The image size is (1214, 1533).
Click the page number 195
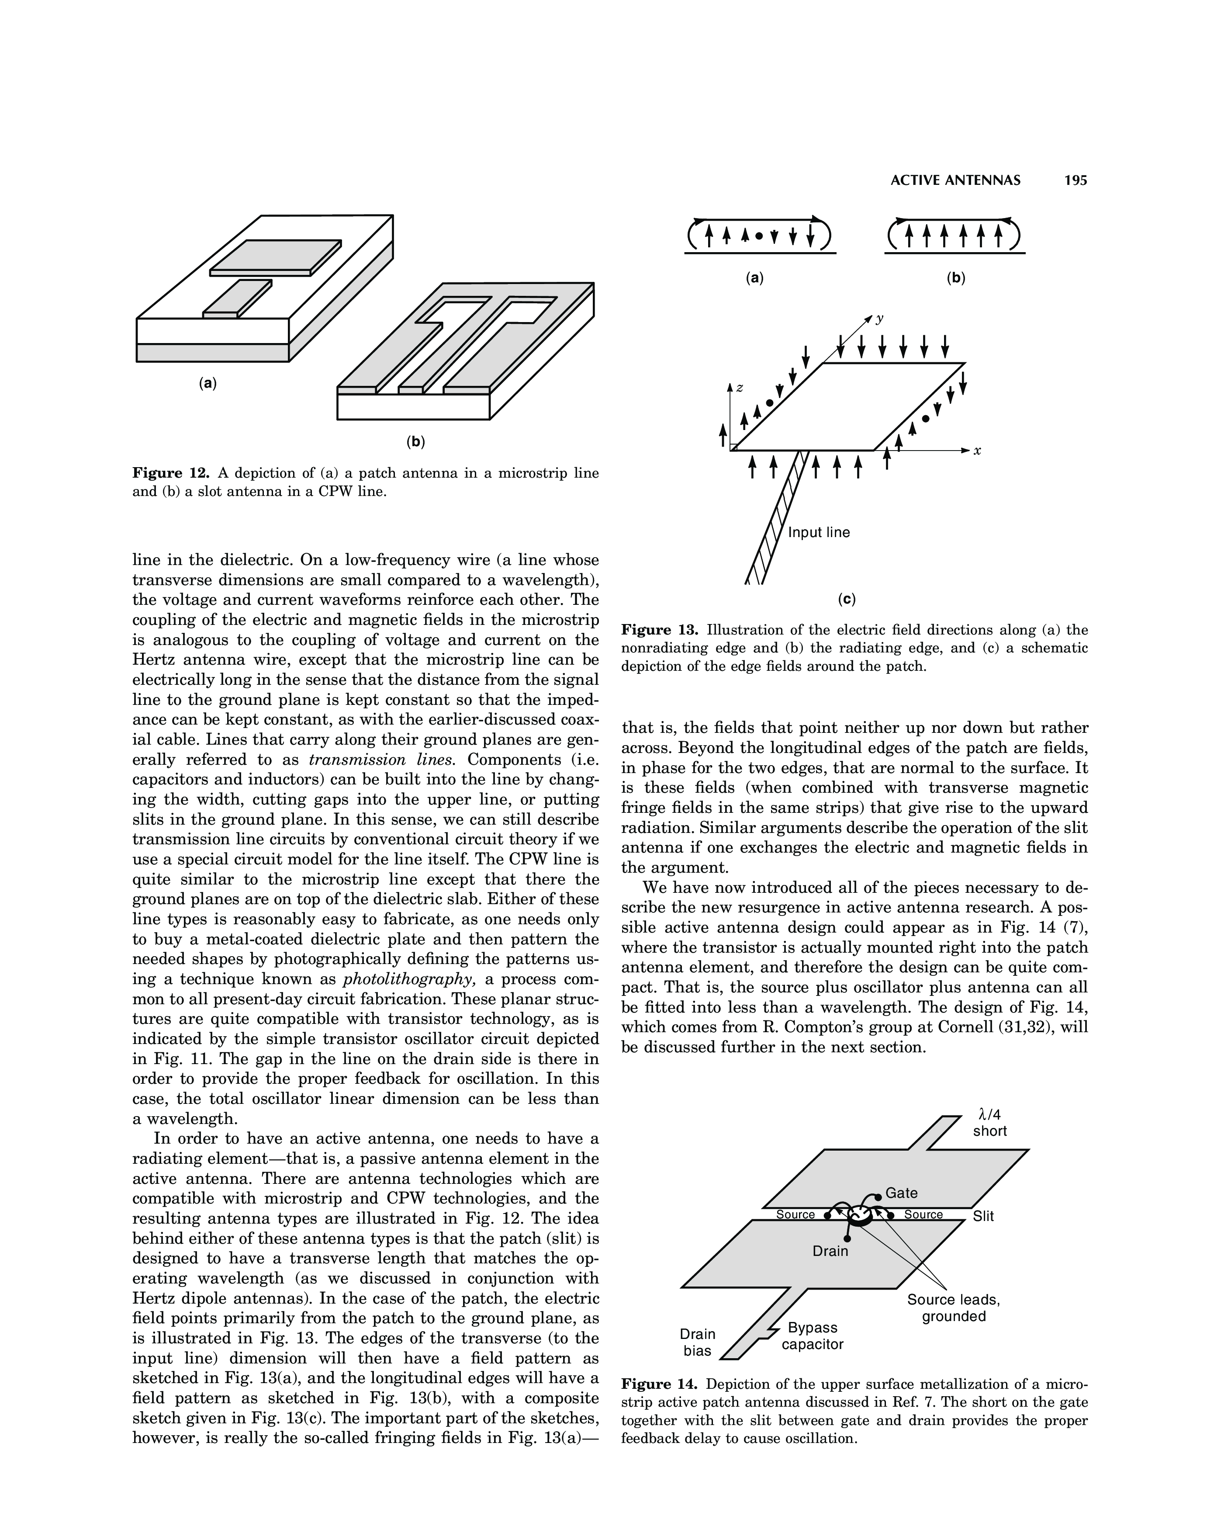coord(1076,180)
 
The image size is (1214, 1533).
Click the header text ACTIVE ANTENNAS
coord(955,180)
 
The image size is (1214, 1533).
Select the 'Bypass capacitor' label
coord(813,1336)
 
